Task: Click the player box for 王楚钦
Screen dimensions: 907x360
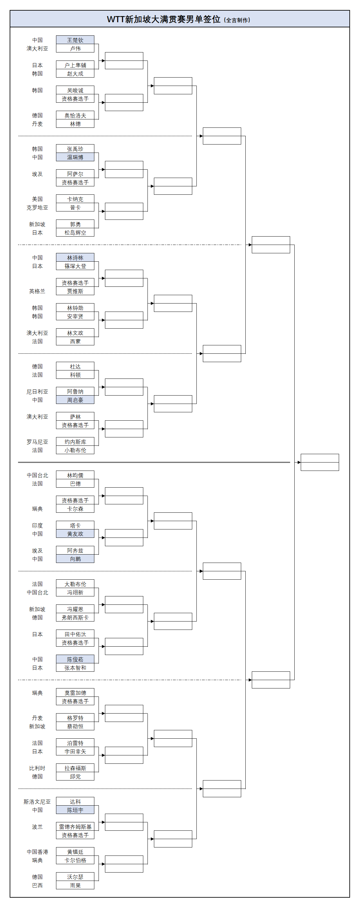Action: point(75,40)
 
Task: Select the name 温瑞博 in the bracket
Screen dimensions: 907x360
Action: point(75,157)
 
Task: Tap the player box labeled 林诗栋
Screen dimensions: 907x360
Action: point(75,258)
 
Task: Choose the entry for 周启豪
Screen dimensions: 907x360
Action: point(75,400)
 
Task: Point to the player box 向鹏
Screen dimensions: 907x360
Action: point(75,559)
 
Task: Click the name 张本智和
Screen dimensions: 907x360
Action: point(75,668)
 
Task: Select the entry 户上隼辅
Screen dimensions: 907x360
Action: point(75,65)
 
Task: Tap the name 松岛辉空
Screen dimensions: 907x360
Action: point(75,233)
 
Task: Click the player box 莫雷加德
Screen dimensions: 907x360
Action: point(75,693)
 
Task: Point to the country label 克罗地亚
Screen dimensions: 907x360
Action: point(37,208)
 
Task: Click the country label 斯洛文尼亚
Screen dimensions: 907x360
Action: point(37,802)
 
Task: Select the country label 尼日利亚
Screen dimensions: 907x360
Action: point(37,391)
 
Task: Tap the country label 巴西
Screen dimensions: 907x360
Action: point(37,885)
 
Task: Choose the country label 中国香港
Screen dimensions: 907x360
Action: point(37,852)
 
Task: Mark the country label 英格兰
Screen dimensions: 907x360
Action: point(37,291)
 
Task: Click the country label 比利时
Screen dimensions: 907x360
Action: point(37,768)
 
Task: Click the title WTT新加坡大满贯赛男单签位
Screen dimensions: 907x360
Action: point(164,19)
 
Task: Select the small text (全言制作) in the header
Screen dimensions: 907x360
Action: point(237,20)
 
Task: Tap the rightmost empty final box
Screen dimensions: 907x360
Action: point(319,462)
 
